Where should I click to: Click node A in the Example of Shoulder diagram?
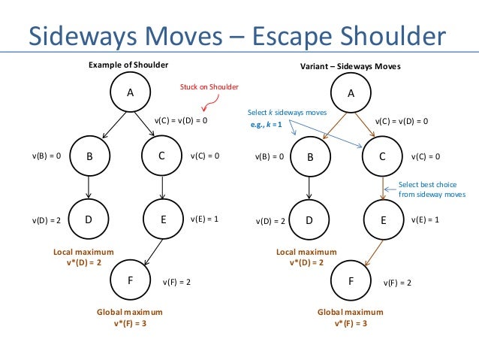pos(130,93)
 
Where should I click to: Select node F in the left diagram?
pos(130,279)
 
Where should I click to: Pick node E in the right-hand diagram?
pos(381,219)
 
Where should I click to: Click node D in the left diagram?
pos(89,219)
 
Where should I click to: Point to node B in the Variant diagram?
pos(310,157)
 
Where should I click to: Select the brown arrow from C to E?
pos(382,188)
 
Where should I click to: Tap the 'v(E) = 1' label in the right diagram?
pos(426,219)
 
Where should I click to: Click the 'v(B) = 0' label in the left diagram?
pos(46,156)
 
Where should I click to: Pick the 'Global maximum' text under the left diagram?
pos(130,311)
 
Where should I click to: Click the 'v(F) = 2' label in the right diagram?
pos(398,283)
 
